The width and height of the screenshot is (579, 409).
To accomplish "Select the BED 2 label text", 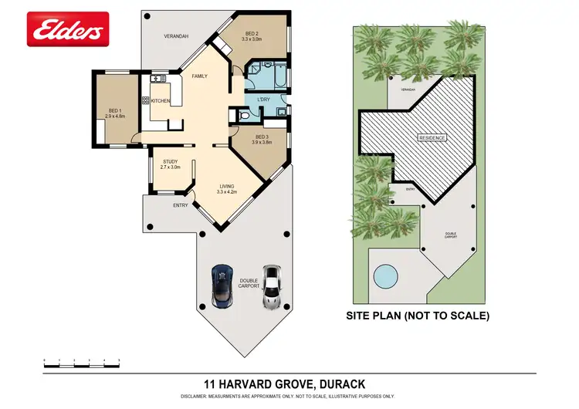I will tap(253, 34).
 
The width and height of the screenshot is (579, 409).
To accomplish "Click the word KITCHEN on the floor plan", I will tap(161, 101).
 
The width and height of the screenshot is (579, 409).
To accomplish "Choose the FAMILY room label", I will tap(200, 76).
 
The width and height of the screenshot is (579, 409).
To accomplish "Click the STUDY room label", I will tap(169, 161).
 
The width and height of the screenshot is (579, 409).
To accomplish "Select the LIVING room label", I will tap(226, 186).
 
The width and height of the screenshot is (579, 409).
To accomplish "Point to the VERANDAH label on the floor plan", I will tap(176, 36).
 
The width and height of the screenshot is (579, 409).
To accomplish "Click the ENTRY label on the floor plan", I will tap(180, 205).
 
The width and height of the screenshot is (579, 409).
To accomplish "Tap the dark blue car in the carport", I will tap(222, 284).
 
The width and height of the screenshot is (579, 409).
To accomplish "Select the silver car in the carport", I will tap(270, 286).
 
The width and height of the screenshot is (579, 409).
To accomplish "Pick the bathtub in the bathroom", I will tap(276, 75).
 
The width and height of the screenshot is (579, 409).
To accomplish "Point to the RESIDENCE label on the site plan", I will tap(432, 137).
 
